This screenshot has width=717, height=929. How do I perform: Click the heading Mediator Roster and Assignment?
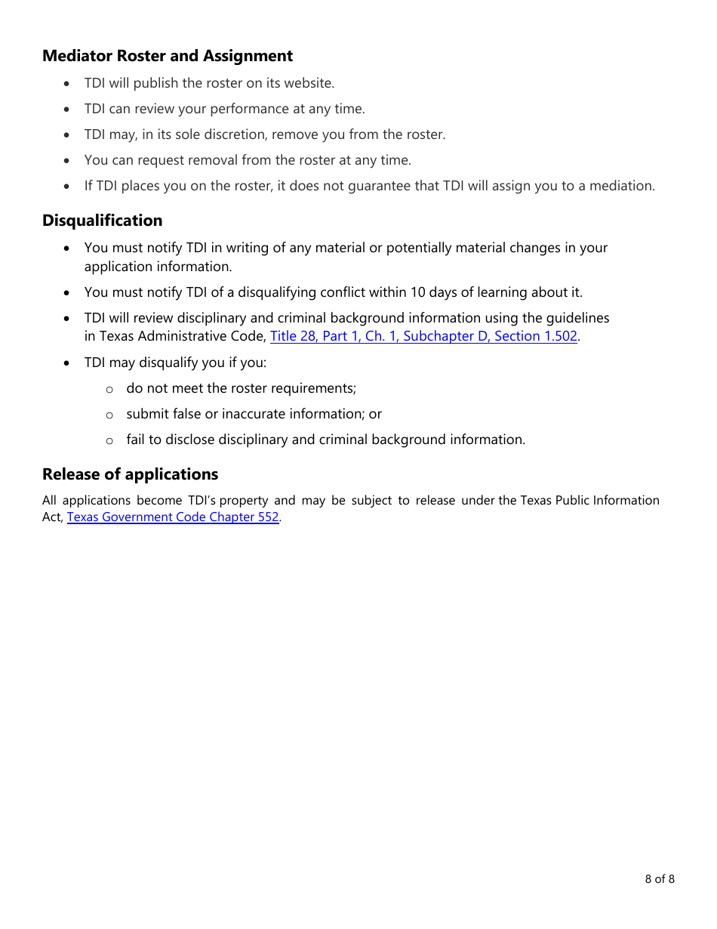(x=167, y=56)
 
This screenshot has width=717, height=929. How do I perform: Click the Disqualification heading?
(x=102, y=221)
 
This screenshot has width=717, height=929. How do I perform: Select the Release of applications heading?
(x=130, y=474)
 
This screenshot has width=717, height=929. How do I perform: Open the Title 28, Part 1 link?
(x=423, y=336)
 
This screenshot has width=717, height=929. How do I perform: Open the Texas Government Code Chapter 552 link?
(x=173, y=517)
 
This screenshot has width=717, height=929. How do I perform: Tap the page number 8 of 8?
(x=660, y=878)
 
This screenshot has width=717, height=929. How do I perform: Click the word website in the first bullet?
(x=308, y=83)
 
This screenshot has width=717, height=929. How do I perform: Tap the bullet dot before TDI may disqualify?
(x=68, y=363)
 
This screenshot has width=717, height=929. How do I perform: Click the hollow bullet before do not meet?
(x=109, y=389)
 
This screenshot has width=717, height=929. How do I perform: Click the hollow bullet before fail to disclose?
(x=109, y=440)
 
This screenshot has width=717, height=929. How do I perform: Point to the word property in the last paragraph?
(x=244, y=500)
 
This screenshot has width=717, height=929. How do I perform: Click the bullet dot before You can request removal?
(x=68, y=160)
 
